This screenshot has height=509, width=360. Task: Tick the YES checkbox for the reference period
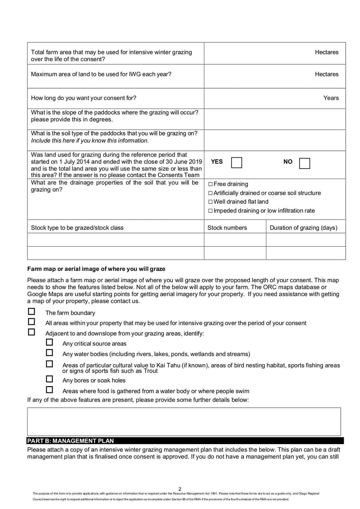(237, 162)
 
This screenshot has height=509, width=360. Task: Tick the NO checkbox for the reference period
(304, 163)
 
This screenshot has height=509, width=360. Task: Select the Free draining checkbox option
(211, 184)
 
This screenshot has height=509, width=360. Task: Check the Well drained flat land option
(211, 202)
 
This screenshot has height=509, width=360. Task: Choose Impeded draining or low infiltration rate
(211, 211)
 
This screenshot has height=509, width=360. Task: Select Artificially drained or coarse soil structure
(211, 193)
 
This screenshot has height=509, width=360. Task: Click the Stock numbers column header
(227, 228)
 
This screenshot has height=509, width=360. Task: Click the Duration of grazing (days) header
(303, 228)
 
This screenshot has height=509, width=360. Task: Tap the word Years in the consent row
(331, 98)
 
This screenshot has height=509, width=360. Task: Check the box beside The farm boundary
(31, 311)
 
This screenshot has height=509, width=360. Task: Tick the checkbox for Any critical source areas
(49, 342)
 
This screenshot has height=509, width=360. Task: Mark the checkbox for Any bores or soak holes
(49, 379)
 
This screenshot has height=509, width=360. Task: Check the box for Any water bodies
(49, 353)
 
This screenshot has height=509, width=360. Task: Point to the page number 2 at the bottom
(180, 489)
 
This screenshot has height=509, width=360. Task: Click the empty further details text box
(184, 422)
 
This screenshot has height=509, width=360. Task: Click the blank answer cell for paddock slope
(274, 119)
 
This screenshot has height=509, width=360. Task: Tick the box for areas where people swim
(49, 390)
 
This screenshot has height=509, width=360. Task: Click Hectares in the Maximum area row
(326, 74)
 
